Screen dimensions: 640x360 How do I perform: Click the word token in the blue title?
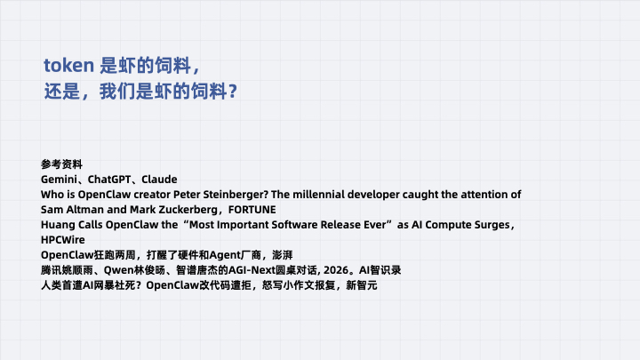[x=69, y=65]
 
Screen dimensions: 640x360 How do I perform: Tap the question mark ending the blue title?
[x=233, y=91]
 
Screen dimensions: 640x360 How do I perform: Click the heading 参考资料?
[x=61, y=164]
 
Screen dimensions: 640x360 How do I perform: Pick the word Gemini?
[x=59, y=180]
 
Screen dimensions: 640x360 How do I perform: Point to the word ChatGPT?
[x=109, y=180]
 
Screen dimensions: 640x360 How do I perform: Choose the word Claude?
[x=159, y=180]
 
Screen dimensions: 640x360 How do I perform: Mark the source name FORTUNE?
[x=252, y=210]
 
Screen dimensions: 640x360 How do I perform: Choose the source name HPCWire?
[x=63, y=240]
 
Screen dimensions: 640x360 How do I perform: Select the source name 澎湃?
[x=283, y=255]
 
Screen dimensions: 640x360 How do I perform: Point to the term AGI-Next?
[x=252, y=270]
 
